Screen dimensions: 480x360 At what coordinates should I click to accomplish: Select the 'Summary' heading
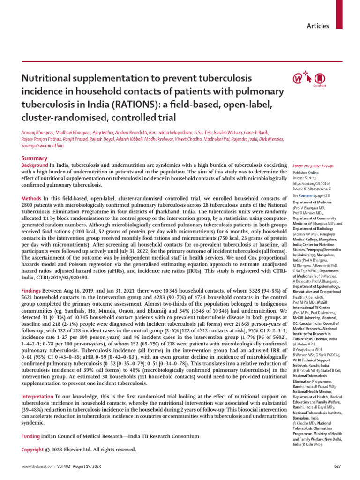tap(34, 159)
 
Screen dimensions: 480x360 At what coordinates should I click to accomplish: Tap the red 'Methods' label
tap(32, 199)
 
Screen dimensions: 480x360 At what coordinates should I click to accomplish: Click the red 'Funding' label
tap(31, 436)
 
